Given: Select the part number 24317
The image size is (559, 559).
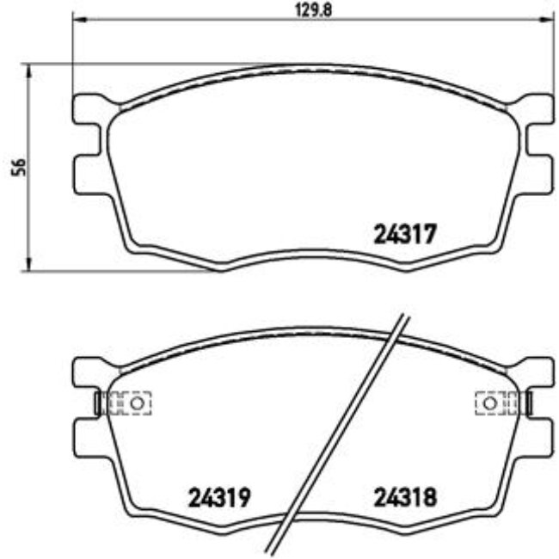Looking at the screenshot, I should pos(407,233).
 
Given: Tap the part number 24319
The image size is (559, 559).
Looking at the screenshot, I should pos(218,496).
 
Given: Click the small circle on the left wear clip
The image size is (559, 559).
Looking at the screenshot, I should pos(134,402).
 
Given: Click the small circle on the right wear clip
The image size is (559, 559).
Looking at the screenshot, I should pos(489,402).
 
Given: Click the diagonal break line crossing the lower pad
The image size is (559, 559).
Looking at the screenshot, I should pos(344,430).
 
